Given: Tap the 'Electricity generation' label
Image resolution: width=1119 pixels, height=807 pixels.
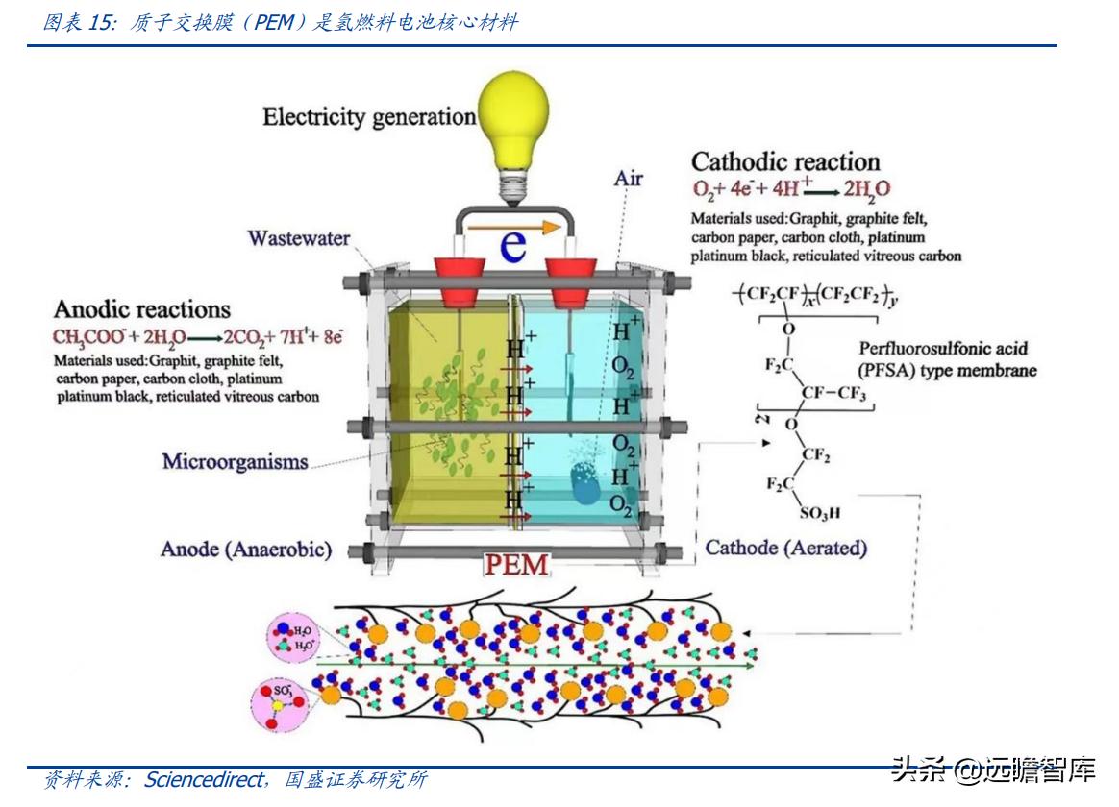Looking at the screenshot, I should click(369, 117).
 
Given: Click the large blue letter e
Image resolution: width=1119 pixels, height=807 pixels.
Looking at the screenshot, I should click(514, 246).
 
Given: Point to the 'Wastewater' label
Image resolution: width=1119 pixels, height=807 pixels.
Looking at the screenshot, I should click(299, 237).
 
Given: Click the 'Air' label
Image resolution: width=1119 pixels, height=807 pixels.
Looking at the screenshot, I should click(629, 178).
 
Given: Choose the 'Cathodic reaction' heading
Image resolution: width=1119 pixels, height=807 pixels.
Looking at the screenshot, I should click(785, 161).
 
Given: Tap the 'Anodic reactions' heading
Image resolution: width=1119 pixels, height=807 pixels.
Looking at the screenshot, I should click(142, 309).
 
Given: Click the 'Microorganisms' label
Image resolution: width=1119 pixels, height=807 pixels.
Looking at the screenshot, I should click(235, 461).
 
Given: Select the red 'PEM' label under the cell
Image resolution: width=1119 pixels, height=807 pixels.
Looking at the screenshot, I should click(516, 564).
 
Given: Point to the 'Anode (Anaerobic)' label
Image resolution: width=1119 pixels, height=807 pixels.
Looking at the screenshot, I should click(246, 550).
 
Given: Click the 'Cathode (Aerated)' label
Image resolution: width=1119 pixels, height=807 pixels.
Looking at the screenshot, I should click(786, 548).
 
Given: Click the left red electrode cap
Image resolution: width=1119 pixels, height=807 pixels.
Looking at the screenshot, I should click(459, 274).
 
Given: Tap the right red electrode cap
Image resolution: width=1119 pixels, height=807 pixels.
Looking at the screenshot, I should click(570, 274).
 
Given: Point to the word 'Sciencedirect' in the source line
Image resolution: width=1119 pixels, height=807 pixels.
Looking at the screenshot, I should click(203, 780).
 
